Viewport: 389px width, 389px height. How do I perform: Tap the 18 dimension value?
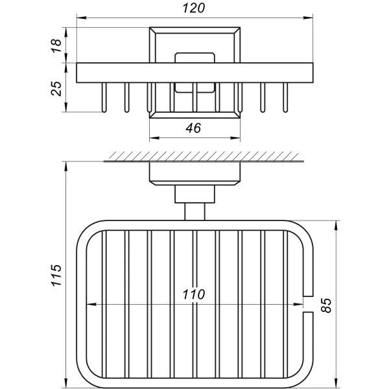(x=57, y=45)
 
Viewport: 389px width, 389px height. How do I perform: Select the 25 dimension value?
(x=57, y=87)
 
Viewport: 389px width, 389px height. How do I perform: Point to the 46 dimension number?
(x=193, y=128)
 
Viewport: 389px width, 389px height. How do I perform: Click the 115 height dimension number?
(x=56, y=276)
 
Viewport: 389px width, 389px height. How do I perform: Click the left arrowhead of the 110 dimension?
(x=90, y=303)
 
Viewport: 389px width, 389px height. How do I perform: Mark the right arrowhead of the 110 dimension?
(x=301, y=303)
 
